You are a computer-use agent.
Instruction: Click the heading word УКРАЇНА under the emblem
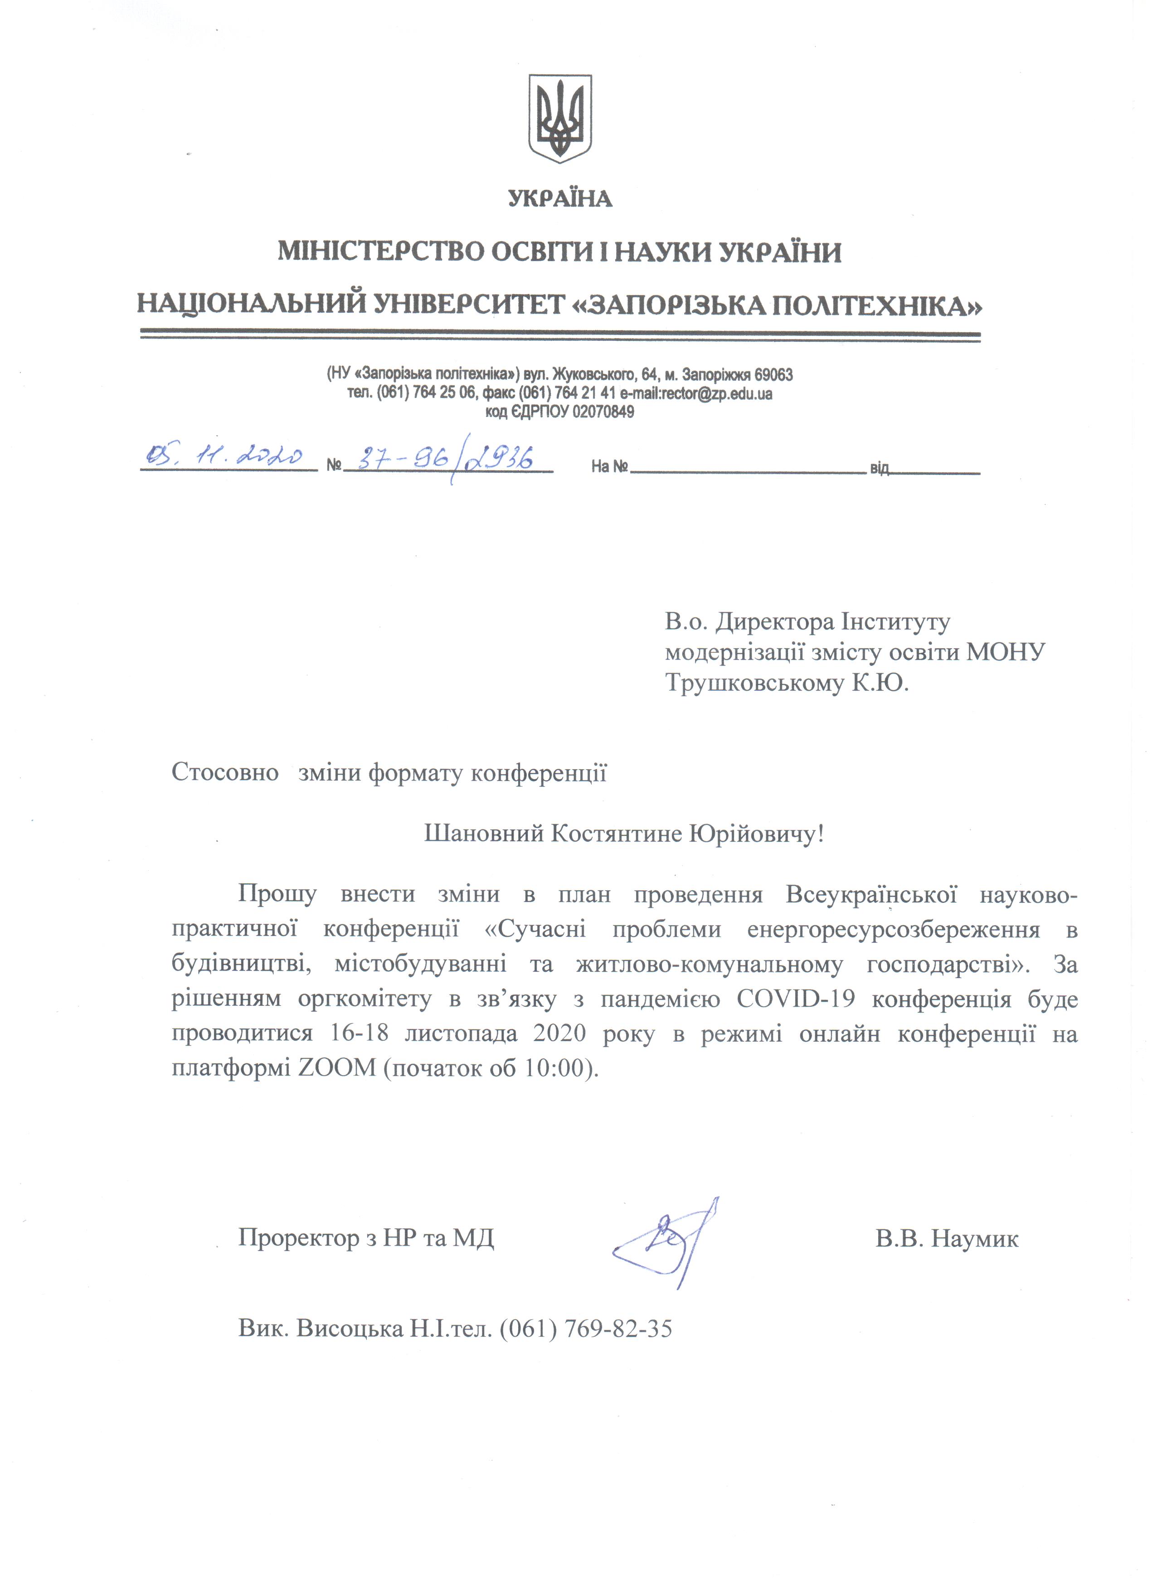[x=560, y=199]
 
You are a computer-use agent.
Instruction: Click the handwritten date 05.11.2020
[x=223, y=458]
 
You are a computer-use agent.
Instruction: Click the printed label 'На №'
[x=608, y=466]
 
